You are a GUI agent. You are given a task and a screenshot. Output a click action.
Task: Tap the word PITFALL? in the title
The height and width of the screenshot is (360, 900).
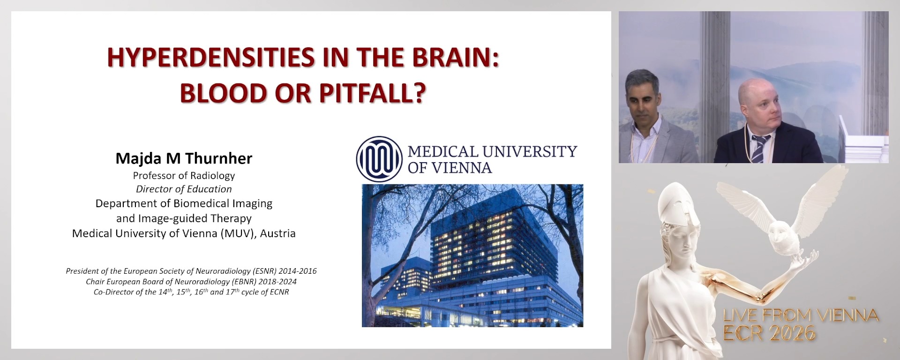pyautogui.click(x=373, y=93)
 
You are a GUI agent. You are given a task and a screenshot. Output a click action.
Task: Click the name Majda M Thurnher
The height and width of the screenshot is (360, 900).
pyautogui.click(x=184, y=158)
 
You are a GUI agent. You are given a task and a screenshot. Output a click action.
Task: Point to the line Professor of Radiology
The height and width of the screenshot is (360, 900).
pyautogui.click(x=184, y=176)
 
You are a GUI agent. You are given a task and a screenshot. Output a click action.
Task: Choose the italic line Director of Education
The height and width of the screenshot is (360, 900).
pyautogui.click(x=184, y=189)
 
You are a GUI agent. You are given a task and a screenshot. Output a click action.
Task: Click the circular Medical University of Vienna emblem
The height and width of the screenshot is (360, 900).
pyautogui.click(x=379, y=159)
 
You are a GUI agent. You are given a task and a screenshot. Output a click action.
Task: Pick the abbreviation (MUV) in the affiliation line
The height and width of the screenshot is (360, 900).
pyautogui.click(x=239, y=233)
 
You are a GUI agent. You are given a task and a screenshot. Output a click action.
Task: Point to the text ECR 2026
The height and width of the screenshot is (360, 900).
pyautogui.click(x=769, y=333)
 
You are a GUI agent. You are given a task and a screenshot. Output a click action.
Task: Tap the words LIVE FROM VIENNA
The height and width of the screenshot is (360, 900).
pyautogui.click(x=801, y=315)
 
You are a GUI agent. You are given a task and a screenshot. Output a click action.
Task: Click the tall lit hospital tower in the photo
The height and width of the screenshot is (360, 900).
pyautogui.click(x=473, y=239)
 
